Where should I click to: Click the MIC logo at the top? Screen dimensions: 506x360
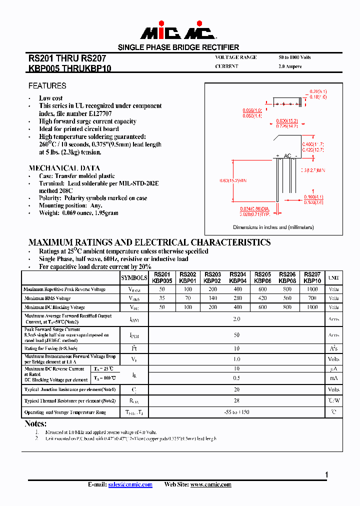click(178, 31)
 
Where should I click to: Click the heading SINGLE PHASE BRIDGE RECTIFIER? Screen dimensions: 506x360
click(178, 47)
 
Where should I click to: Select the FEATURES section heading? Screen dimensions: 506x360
click(47, 86)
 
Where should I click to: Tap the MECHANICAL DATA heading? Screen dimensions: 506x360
click(64, 168)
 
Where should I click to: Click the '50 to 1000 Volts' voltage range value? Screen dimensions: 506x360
click(294, 57)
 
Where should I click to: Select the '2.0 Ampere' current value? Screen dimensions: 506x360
click(290, 66)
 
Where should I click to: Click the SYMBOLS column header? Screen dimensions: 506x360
click(134, 278)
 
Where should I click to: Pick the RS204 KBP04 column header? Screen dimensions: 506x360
click(237, 278)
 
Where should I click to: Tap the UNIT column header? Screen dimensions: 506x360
click(333, 278)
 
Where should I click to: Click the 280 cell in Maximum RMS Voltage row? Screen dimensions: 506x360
click(237, 298)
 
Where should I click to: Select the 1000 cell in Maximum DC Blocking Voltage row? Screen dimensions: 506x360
click(312, 307)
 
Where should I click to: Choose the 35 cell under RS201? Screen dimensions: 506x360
click(162, 298)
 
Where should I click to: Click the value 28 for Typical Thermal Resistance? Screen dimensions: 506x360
click(236, 401)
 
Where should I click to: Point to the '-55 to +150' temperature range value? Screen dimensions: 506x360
click(236, 412)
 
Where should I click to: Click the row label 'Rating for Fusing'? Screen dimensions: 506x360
click(50, 348)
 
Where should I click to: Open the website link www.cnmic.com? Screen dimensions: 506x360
click(210, 484)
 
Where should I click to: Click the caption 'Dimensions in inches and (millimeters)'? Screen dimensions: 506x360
click(273, 227)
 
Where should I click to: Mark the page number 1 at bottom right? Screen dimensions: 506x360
click(326, 475)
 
